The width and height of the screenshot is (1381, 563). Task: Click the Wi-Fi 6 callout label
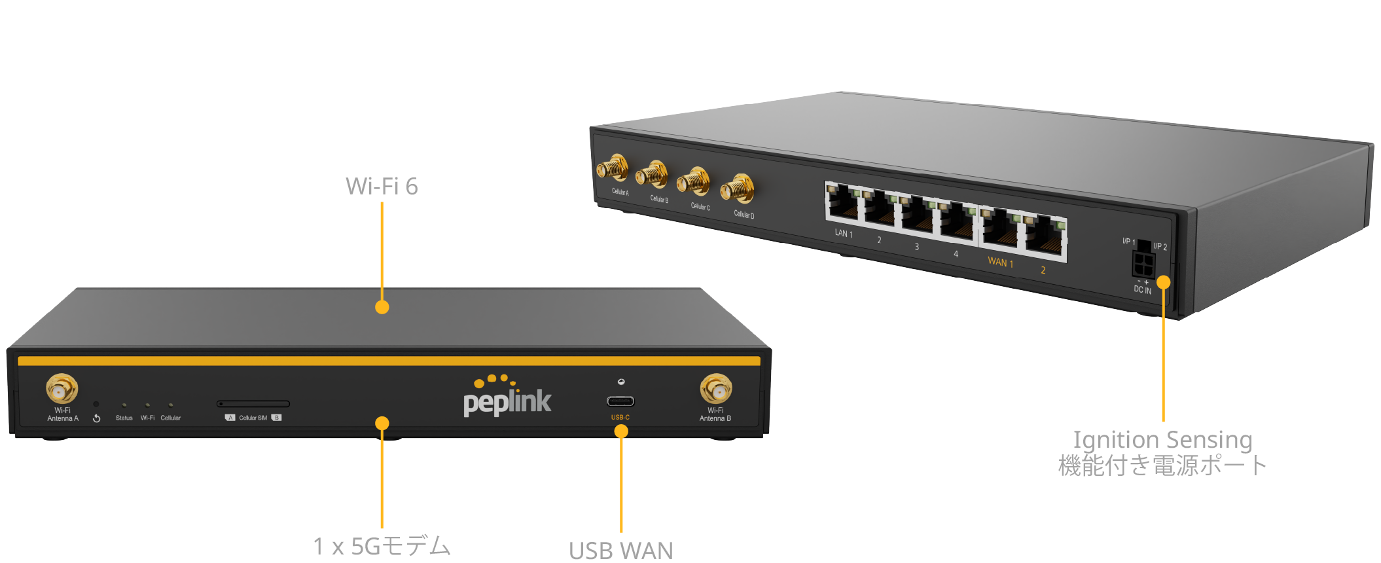[x=382, y=187]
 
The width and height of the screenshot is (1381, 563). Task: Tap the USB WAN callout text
[x=620, y=551]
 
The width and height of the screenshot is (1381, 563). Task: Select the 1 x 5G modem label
[x=382, y=546]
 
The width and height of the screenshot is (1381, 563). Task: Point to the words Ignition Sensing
[x=1162, y=439]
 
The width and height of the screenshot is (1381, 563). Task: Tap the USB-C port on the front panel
[x=620, y=401]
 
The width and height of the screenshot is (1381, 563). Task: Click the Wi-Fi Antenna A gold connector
[x=62, y=390]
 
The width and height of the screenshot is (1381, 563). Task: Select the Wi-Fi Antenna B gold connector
[x=716, y=390]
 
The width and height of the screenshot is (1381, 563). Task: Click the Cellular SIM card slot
[x=253, y=404]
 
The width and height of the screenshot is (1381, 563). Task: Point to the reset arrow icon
[x=97, y=418]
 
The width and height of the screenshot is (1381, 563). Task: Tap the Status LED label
[x=124, y=418]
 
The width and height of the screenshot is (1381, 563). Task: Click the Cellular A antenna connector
[x=613, y=169]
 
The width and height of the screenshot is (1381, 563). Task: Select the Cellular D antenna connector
[x=738, y=189]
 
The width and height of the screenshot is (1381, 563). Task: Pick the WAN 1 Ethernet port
[x=999, y=229]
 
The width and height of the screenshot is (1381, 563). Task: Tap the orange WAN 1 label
[x=1000, y=263]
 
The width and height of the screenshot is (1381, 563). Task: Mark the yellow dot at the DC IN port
[x=1163, y=282]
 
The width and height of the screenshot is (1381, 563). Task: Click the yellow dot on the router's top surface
[x=382, y=307]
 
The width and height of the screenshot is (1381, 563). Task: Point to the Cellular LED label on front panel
[x=171, y=418]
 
